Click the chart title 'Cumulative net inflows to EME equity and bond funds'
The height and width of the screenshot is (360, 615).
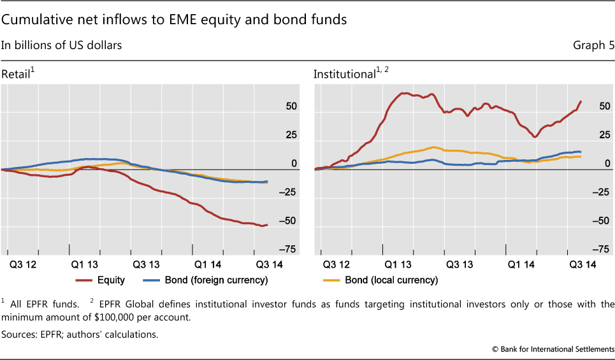tap(174, 20)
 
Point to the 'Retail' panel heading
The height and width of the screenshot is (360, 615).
tap(16, 75)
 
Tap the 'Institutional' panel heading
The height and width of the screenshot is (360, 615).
tap(345, 75)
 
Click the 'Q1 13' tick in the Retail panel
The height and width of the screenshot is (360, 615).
tap(84, 263)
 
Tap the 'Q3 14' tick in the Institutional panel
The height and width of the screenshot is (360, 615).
tap(582, 263)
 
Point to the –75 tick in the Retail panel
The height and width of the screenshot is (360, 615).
tap(287, 249)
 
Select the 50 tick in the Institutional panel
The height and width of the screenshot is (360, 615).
tap(604, 106)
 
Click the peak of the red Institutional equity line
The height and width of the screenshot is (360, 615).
tap(403, 93)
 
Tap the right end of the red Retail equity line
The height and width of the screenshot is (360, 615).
tap(267, 225)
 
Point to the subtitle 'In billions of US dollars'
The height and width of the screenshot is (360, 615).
tap(61, 45)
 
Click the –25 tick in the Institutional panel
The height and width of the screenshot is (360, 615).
tap(601, 192)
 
